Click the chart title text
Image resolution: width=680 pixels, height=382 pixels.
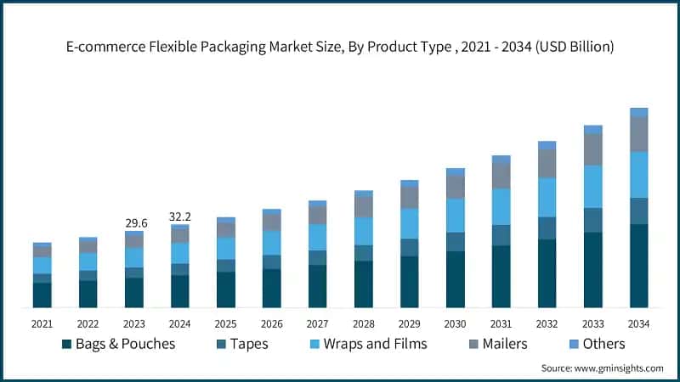click(340, 48)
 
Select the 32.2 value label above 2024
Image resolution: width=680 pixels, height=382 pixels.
click(180, 217)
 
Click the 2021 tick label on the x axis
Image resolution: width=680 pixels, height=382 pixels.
click(42, 323)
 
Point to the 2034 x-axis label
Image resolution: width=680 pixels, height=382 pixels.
click(638, 323)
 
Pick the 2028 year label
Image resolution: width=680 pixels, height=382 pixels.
click(363, 323)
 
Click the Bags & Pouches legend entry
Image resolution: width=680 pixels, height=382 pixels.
click(118, 344)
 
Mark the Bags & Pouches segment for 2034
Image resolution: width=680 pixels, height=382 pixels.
click(638, 265)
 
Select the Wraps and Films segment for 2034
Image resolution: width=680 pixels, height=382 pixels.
click(638, 174)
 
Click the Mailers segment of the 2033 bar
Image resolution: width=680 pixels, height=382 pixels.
click(592, 149)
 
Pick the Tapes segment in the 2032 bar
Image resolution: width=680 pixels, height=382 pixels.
click(547, 228)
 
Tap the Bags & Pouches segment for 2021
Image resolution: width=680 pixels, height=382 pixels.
click(42, 295)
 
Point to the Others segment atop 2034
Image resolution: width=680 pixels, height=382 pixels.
click(638, 112)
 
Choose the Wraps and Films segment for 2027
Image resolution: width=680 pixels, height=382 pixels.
click(317, 237)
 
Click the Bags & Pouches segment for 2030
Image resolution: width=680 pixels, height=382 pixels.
click(455, 278)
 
